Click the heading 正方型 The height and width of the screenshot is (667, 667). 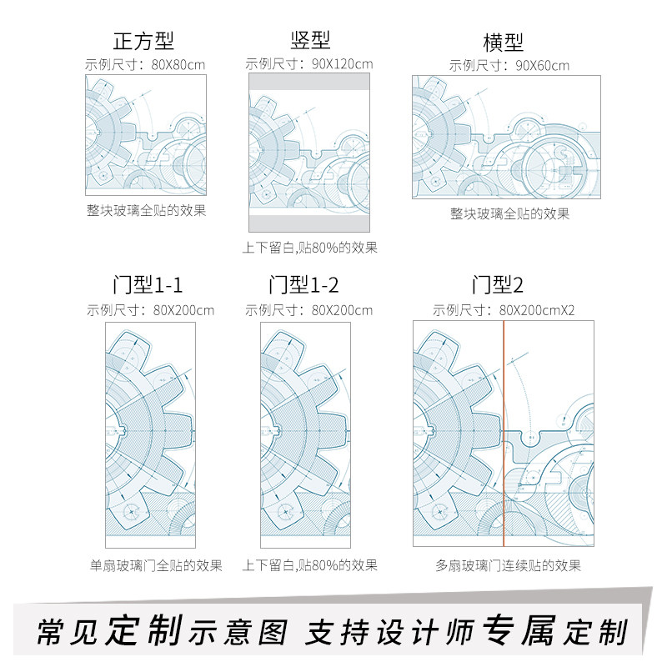tap(143, 41)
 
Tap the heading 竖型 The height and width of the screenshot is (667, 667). tap(310, 40)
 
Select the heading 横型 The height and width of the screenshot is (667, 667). tap(504, 43)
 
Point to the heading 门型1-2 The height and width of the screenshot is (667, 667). tap(303, 286)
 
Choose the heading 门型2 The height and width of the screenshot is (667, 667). tap(498, 286)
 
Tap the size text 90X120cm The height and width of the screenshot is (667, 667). tap(339, 63)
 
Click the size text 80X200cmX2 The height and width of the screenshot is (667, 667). tap(537, 310)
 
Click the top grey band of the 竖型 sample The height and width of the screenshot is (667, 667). tap(309, 82)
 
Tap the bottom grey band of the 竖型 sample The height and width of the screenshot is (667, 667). tap(309, 223)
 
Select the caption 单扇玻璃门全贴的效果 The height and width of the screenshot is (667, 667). tap(156, 565)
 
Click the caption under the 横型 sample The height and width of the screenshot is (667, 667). tap(509, 213)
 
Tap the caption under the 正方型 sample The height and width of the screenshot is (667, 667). tap(147, 210)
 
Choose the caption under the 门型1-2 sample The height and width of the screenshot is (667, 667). tap(310, 565)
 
